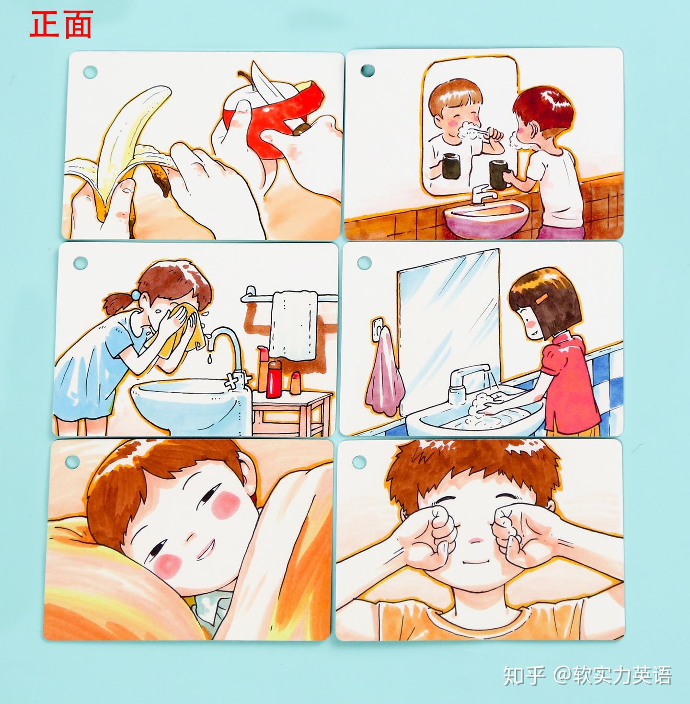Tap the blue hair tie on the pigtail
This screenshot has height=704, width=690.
click(x=136, y=294)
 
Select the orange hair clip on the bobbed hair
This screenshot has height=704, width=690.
click(x=542, y=299)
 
